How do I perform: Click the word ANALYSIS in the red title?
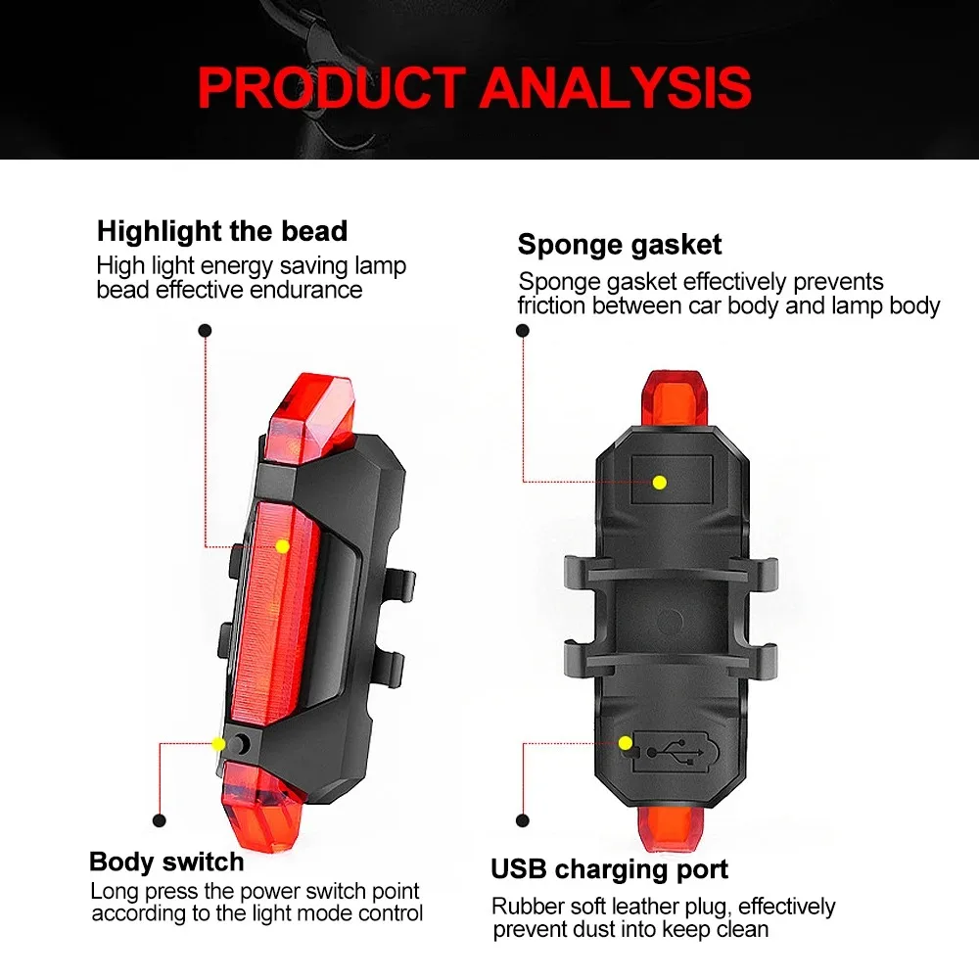616,87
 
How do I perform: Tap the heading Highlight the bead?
222,231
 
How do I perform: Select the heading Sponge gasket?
620,244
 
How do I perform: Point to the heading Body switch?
166,862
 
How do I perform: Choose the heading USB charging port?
609,868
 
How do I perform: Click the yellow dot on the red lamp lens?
282,545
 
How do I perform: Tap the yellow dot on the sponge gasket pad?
660,482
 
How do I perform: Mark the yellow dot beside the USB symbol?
625,743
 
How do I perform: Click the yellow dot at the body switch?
218,744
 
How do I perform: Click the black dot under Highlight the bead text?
205,331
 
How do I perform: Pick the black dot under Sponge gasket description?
523,331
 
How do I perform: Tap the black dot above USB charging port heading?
523,820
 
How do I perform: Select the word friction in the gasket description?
553,305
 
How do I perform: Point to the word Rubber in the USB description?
524,907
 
